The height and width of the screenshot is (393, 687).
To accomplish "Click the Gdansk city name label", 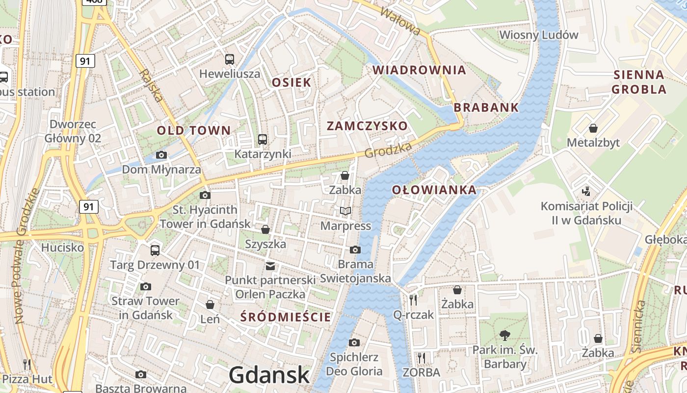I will pos(269,375).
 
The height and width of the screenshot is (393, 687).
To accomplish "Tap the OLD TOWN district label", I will pos(194,130).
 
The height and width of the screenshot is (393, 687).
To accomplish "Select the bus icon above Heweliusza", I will pos(230,59).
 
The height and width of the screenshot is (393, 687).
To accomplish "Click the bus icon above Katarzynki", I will pos(263,140).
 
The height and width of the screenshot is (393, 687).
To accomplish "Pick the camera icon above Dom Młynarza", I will pos(161,155).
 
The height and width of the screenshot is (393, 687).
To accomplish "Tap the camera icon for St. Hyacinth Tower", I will pos(205,196).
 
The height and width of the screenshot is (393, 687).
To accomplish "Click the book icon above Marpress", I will pos(345,211).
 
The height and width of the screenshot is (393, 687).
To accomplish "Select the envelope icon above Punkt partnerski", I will pos(270,266).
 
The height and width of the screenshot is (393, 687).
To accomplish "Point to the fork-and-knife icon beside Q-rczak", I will pos(413,300).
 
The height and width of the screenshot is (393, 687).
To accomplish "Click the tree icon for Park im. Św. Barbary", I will pos(504,336).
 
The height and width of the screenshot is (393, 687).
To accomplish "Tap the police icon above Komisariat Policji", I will pos(585,191).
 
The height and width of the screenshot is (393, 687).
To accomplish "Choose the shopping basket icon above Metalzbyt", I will pos(593,128).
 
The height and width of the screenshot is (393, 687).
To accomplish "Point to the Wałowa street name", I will pos(400,21).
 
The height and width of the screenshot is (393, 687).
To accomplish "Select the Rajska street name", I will pos(152,84).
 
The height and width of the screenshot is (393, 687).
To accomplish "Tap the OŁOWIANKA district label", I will pos(434,190).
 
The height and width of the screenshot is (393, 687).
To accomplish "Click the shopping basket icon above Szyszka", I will pos(265,229).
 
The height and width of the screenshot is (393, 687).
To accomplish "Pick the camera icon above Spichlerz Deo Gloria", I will pos(354,342).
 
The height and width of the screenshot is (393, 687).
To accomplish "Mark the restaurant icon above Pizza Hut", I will pos(27,364).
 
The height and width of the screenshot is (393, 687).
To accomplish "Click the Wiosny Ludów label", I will pos(539,35).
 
